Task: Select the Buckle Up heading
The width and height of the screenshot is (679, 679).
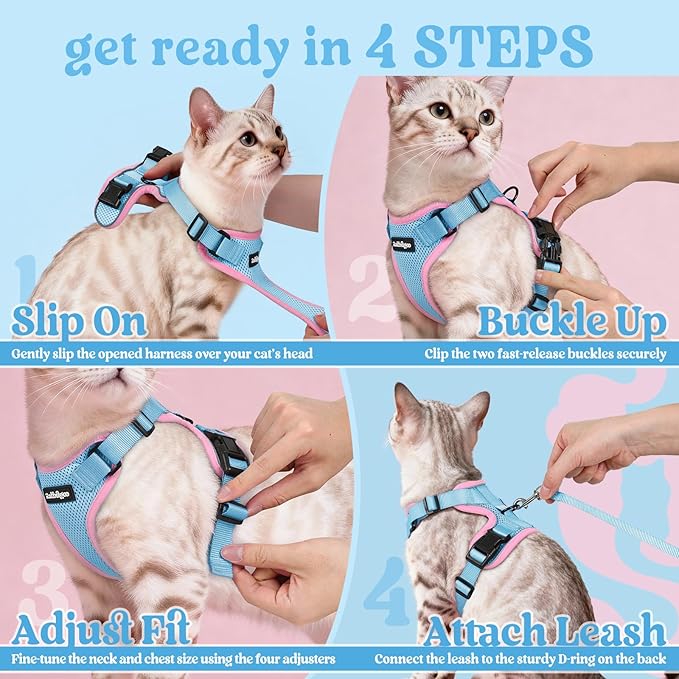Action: pyautogui.click(x=571, y=321)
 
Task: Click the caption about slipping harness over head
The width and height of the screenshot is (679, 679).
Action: pyautogui.click(x=163, y=353)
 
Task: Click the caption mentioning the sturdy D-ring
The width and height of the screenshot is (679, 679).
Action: pyautogui.click(x=520, y=660)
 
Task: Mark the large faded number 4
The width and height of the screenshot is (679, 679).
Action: pyautogui.click(x=385, y=590)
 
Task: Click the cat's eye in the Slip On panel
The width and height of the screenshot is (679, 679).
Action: pyautogui.click(x=247, y=139)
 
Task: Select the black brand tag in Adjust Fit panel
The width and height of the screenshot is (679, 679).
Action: pyautogui.click(x=59, y=494)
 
